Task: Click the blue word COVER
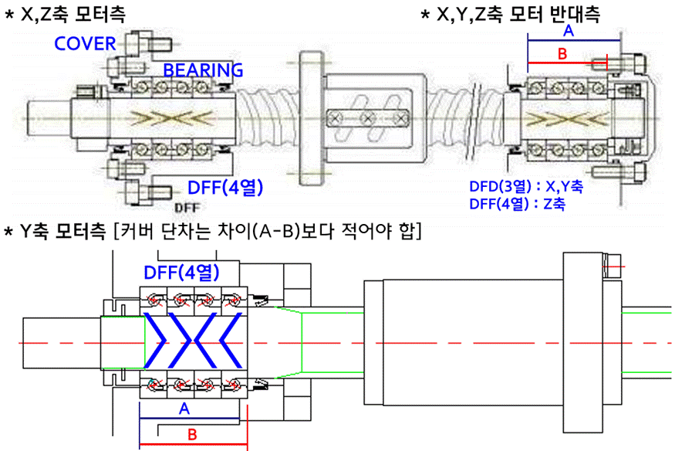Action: click(x=84, y=43)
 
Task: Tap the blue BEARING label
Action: click(x=203, y=70)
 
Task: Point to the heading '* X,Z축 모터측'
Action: click(x=65, y=14)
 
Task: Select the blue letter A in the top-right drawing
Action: click(x=569, y=31)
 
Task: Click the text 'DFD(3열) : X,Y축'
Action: click(x=526, y=187)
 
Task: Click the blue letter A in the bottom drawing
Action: click(x=184, y=409)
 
